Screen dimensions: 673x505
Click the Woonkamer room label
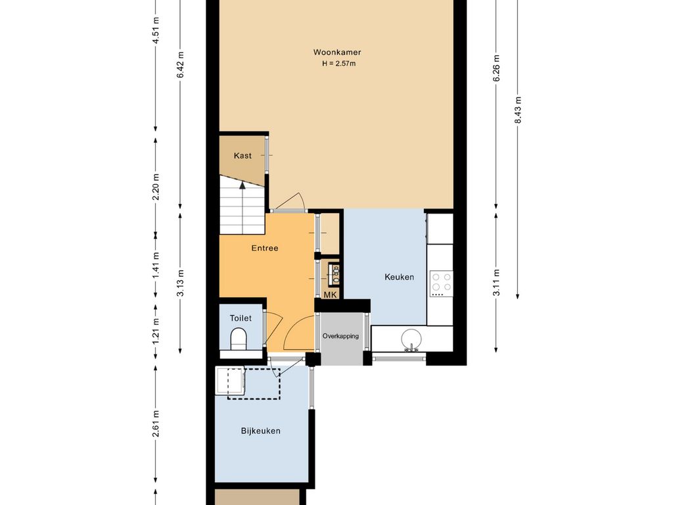[x=337, y=53]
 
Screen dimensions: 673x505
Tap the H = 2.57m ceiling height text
[x=339, y=64]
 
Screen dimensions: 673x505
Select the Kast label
[x=243, y=155]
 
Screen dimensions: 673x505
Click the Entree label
[x=265, y=248]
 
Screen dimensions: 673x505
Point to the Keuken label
[x=399, y=277]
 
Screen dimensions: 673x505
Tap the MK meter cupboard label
[x=330, y=295]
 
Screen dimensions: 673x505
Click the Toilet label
[x=241, y=318]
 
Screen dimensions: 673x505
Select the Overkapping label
[x=341, y=336]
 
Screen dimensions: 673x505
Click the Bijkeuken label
[x=260, y=431]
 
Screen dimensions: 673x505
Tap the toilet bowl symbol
[x=238, y=339]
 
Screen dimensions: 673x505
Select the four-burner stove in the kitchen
[x=442, y=284]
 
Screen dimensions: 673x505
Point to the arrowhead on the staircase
[x=243, y=185]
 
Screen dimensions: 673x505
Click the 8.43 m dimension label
[x=518, y=110]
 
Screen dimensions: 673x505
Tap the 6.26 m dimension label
[x=497, y=68]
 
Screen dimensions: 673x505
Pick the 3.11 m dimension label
[x=497, y=282]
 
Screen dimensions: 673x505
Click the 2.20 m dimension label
[x=156, y=186]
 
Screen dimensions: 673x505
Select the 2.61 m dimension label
[x=156, y=423]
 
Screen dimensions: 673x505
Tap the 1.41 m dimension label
[x=156, y=265]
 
